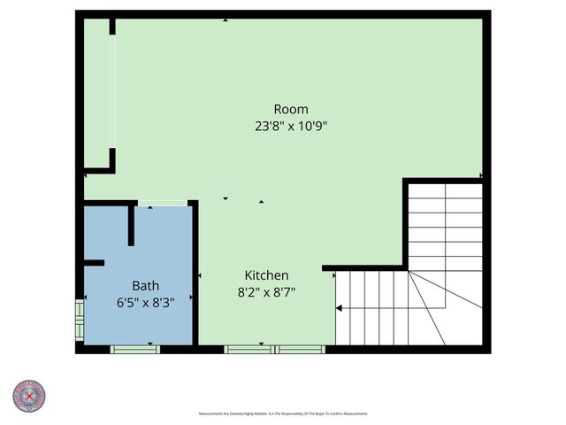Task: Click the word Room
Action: click(x=291, y=109)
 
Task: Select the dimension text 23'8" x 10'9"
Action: click(x=291, y=126)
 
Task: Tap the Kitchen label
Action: click(x=266, y=275)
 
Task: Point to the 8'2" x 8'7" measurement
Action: click(x=266, y=291)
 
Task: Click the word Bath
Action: click(x=146, y=286)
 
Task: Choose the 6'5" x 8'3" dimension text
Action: click(x=146, y=302)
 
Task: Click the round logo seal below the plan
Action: click(x=28, y=396)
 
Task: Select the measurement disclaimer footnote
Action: click(x=283, y=413)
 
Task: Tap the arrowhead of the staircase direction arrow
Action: click(x=339, y=308)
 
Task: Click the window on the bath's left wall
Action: click(x=80, y=321)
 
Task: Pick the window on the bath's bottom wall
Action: click(x=134, y=349)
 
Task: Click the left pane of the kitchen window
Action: click(x=249, y=349)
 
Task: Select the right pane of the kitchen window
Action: click(x=301, y=349)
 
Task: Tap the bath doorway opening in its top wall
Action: click(x=162, y=204)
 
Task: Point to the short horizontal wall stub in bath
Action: click(x=94, y=262)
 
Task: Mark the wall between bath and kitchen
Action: click(x=194, y=274)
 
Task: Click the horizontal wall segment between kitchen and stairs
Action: click(x=364, y=267)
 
